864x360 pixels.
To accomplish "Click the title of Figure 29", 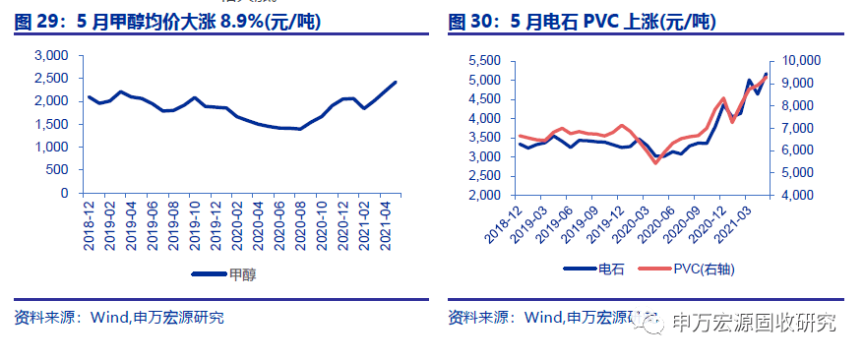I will point(168,22).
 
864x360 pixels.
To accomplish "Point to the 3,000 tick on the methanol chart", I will point(51,55).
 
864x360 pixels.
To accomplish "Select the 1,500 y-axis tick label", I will point(51,124).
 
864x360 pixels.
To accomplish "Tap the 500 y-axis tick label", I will point(58,170).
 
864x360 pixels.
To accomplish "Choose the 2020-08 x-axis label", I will point(299,224).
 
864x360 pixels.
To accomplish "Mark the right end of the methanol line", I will point(396,82).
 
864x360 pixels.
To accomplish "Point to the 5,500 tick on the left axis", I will point(483,61).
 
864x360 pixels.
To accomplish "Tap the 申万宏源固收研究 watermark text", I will point(752,322).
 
